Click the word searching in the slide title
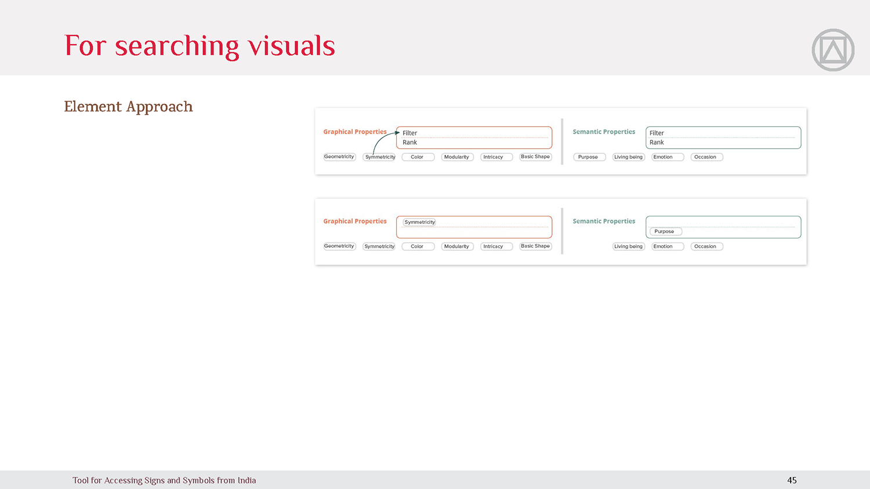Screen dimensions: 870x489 coord(177,46)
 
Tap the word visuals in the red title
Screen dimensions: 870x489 coord(291,45)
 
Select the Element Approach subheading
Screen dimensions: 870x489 coord(128,107)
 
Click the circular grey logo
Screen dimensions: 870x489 coord(833,50)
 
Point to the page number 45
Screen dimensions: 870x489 coord(792,480)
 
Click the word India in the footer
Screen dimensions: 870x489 coord(246,480)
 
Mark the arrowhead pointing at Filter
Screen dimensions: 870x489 coord(397,132)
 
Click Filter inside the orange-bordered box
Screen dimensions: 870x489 coord(409,133)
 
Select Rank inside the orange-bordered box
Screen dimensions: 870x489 coord(409,142)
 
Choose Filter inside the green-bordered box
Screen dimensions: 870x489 coord(657,133)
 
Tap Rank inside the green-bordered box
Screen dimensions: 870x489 coord(657,142)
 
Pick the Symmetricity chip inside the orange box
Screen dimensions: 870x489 coord(419,222)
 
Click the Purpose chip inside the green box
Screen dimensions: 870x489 coord(666,231)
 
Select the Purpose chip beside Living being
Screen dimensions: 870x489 coord(589,157)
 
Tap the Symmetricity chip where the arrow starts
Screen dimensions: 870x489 coord(379,157)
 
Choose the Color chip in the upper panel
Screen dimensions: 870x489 coord(418,157)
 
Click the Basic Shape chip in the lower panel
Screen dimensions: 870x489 coord(535,247)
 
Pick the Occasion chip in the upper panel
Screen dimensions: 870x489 coord(707,157)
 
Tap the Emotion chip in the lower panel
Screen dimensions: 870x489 coord(668,247)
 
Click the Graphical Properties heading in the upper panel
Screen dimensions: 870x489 coord(355,132)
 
